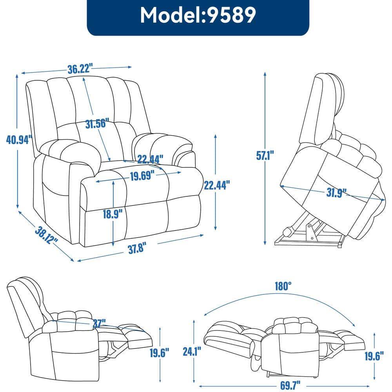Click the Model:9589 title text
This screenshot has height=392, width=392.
point(198,15)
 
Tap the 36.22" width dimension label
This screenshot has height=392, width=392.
point(80,69)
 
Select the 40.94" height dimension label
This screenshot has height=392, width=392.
point(17,139)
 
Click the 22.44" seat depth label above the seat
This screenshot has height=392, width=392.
point(150,159)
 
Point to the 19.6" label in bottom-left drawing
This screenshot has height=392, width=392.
point(160,353)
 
